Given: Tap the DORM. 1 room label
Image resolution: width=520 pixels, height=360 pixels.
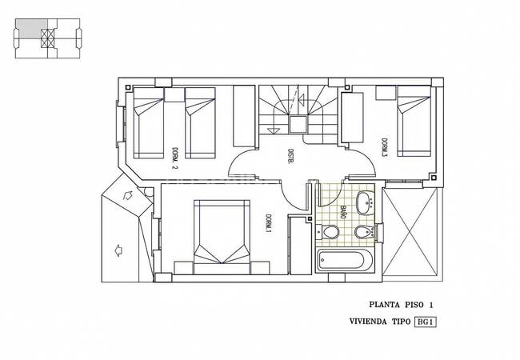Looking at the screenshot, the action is pyautogui.click(x=268, y=222).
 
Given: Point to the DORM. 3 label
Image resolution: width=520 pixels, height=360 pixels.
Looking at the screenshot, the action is pyautogui.click(x=384, y=147).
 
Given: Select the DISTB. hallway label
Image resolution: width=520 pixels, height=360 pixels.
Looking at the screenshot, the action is pyautogui.click(x=290, y=157).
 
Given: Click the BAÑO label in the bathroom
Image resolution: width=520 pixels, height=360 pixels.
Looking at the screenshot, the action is pyautogui.click(x=343, y=212).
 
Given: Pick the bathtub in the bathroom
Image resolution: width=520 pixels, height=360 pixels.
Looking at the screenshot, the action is pyautogui.click(x=345, y=260).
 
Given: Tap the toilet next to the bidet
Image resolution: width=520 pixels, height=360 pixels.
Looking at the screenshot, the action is pyautogui.click(x=327, y=232).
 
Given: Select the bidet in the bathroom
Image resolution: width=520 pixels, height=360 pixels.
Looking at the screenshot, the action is pyautogui.click(x=364, y=232).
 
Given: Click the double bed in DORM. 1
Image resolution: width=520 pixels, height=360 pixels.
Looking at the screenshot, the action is pyautogui.click(x=222, y=237).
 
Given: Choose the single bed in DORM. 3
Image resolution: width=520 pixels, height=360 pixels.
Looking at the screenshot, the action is pyautogui.click(x=414, y=122).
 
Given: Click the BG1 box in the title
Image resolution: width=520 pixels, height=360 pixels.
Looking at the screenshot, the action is pyautogui.click(x=425, y=322).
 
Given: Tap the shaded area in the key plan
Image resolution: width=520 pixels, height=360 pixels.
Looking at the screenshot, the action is pyautogui.click(x=30, y=28).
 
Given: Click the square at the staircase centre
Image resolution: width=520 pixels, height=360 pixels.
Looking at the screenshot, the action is pyautogui.click(x=298, y=125).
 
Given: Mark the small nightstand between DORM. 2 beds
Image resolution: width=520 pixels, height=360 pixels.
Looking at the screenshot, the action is pyautogui.click(x=174, y=95).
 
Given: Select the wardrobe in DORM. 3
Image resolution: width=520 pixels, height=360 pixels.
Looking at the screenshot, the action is pyautogui.click(x=352, y=118).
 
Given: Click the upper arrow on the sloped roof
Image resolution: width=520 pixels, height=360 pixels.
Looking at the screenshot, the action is pyautogui.click(x=128, y=195).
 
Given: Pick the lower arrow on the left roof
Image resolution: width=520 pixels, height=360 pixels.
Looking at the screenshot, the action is pyautogui.click(x=118, y=250).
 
